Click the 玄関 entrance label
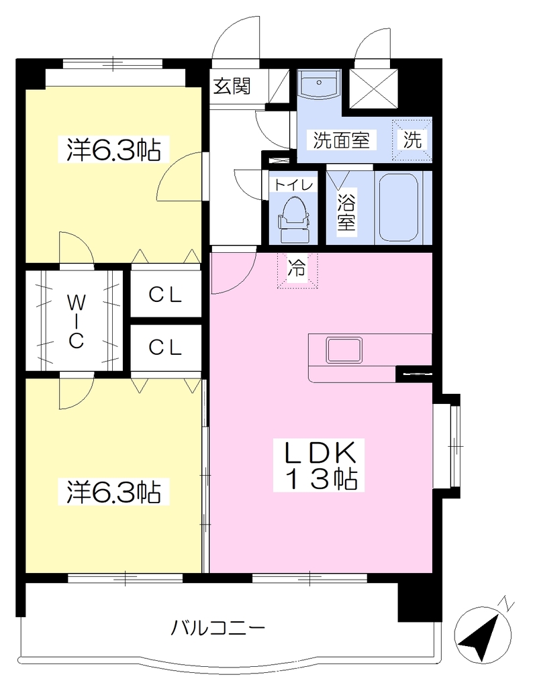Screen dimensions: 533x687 pyautogui.click(x=232, y=86)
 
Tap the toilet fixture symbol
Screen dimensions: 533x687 pyautogui.click(x=293, y=220)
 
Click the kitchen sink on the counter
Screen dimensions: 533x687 pyautogui.click(x=344, y=350)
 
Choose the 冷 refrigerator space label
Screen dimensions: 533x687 pyautogui.click(x=297, y=267)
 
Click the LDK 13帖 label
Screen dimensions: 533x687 pyautogui.click(x=320, y=466)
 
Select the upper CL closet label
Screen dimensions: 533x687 pyautogui.click(x=165, y=295)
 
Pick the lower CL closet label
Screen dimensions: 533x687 pyautogui.click(x=165, y=348)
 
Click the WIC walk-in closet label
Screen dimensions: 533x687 pyautogui.click(x=76, y=321)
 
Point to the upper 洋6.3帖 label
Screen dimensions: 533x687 pyautogui.click(x=113, y=150)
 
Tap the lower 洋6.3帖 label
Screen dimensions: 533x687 pyautogui.click(x=113, y=492)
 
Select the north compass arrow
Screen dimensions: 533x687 pyautogui.click(x=483, y=633)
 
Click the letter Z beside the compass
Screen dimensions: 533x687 pyautogui.click(x=507, y=603)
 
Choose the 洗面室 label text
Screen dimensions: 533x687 pyautogui.click(x=341, y=140)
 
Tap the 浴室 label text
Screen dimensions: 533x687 pyautogui.click(x=346, y=210)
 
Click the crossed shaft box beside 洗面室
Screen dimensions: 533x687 pyautogui.click(x=373, y=89)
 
